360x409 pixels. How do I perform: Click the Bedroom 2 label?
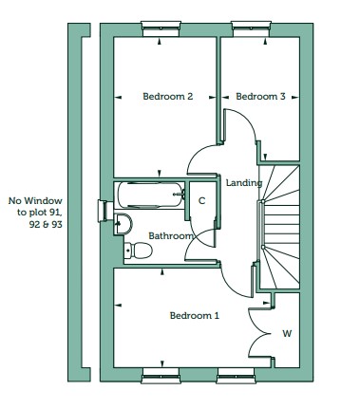(x=168, y=97)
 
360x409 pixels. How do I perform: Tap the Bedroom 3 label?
(x=260, y=97)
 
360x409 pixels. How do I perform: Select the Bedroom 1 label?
(x=195, y=315)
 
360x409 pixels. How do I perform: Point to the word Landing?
(x=244, y=183)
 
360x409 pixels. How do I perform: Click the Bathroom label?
(x=171, y=236)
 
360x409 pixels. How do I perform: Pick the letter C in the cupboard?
(x=201, y=201)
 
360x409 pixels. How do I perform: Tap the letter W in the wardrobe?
(x=287, y=333)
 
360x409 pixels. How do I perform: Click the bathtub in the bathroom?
(x=151, y=195)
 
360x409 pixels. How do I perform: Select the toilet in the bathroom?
(x=139, y=251)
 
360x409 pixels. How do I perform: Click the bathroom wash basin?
(x=123, y=224)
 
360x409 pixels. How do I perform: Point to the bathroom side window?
(x=104, y=211)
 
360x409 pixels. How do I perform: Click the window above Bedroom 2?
(x=161, y=28)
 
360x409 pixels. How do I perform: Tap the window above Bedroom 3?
(x=252, y=28)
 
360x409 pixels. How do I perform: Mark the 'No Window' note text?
(x=35, y=213)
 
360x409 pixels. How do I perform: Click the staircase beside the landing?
(x=279, y=227)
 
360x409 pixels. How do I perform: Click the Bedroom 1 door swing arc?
(x=230, y=287)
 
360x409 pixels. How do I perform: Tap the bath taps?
(x=181, y=195)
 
